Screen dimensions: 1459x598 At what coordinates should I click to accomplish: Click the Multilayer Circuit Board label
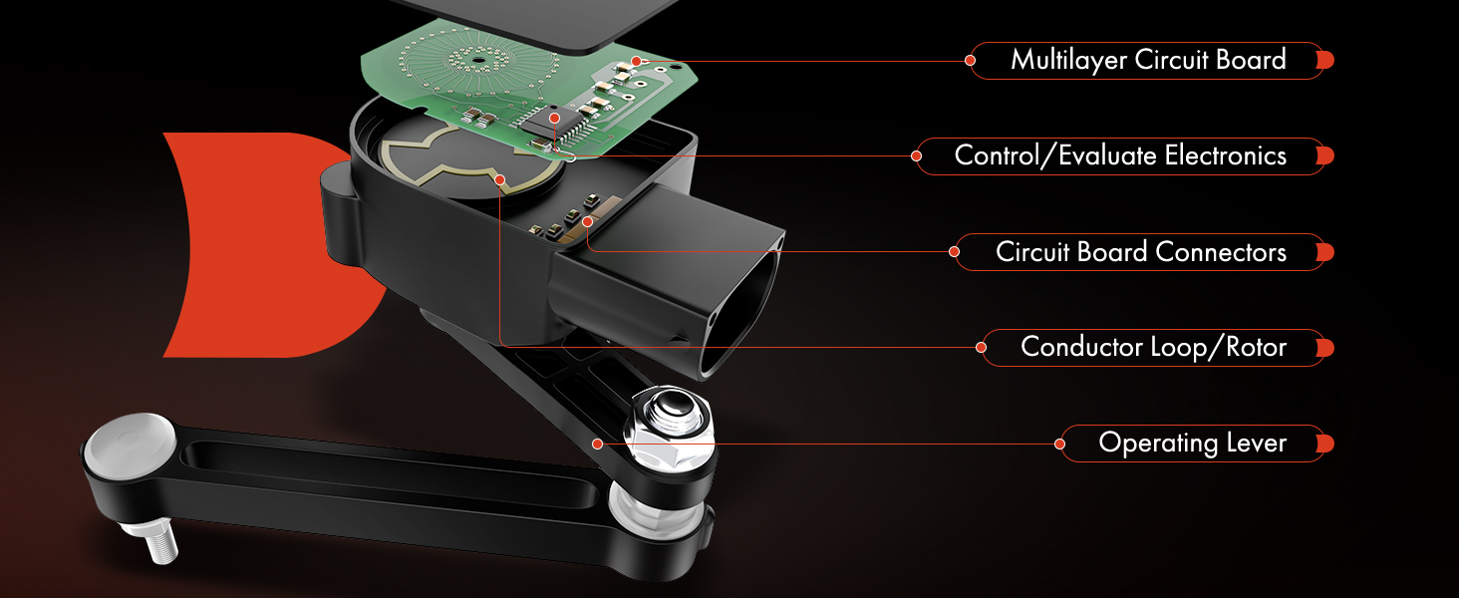[1148, 60]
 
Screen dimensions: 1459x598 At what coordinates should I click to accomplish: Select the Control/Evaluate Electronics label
[1120, 155]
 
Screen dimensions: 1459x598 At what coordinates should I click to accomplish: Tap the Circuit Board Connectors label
[1140, 252]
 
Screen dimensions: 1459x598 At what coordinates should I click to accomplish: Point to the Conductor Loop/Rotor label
[1153, 347]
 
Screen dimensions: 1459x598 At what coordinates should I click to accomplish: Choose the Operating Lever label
[1193, 443]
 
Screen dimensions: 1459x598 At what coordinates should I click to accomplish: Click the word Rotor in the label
[1257, 347]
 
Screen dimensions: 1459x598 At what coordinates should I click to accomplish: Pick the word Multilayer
[1069, 60]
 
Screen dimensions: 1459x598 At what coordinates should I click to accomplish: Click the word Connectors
[1221, 252]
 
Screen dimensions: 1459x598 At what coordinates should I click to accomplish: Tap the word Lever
[1257, 443]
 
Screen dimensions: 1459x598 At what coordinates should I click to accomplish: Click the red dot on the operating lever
[597, 444]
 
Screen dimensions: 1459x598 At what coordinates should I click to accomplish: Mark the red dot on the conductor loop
[499, 179]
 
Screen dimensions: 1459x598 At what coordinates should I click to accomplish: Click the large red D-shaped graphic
[273, 245]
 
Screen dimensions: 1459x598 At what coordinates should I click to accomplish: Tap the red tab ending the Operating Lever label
[1324, 444]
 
